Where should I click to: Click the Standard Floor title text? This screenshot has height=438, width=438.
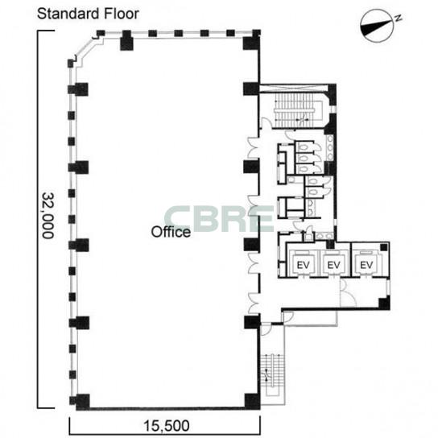(88, 14)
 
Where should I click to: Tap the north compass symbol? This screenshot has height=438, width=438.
(377, 26)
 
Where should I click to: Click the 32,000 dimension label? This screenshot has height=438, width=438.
(48, 215)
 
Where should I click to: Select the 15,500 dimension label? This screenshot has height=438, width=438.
(167, 426)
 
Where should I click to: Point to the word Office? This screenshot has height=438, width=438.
(171, 232)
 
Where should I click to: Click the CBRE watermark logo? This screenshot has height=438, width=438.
(219, 219)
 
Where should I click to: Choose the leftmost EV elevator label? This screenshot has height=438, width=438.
(303, 265)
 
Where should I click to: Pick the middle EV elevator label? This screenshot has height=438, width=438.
(333, 265)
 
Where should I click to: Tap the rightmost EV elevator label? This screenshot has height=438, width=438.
(366, 265)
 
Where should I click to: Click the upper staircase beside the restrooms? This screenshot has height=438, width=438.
(299, 110)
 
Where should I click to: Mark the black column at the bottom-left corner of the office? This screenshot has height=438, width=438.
(83, 402)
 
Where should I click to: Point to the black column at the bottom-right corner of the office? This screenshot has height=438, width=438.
(253, 401)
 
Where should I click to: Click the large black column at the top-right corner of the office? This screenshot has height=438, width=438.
(251, 43)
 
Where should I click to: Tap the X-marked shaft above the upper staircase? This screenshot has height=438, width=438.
(294, 89)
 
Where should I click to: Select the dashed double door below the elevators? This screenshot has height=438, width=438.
(348, 292)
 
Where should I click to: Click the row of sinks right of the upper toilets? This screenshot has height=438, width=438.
(330, 147)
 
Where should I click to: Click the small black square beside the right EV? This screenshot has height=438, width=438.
(384, 247)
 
